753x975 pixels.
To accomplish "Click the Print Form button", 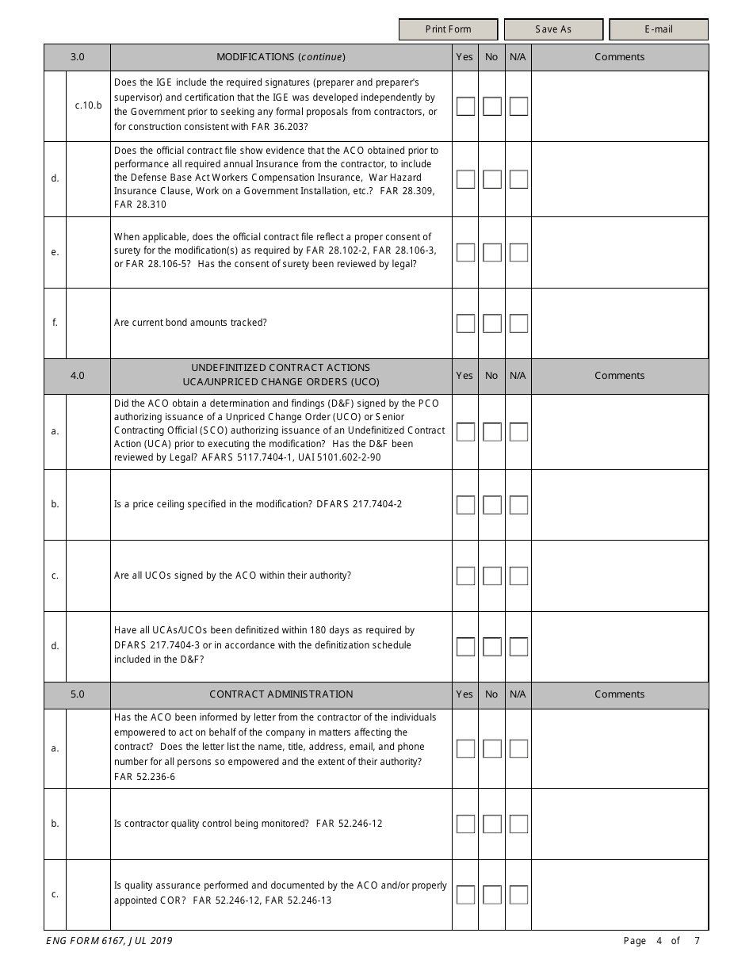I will [x=448, y=29].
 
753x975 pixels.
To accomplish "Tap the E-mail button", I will [x=658, y=29].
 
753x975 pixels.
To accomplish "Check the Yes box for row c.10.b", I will [x=465, y=106].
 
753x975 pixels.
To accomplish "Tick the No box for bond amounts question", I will [x=492, y=323].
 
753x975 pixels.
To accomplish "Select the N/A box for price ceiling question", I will [x=518, y=505].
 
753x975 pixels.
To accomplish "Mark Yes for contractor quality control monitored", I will [x=465, y=824].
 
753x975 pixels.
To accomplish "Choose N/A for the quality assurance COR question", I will [x=518, y=895].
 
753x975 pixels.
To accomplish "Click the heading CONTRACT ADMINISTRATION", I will [x=281, y=694].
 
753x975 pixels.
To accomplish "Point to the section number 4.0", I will [x=77, y=376].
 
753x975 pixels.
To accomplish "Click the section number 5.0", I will [x=77, y=694].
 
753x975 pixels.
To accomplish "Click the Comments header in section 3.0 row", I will [x=619, y=57].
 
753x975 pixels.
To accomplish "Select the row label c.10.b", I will [x=88, y=105].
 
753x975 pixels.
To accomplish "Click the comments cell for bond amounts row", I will [x=619, y=323].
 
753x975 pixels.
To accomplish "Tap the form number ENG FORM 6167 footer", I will [x=104, y=941].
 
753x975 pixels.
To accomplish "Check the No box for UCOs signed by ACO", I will [x=492, y=576].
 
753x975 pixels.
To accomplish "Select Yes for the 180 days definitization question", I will [x=465, y=647].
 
